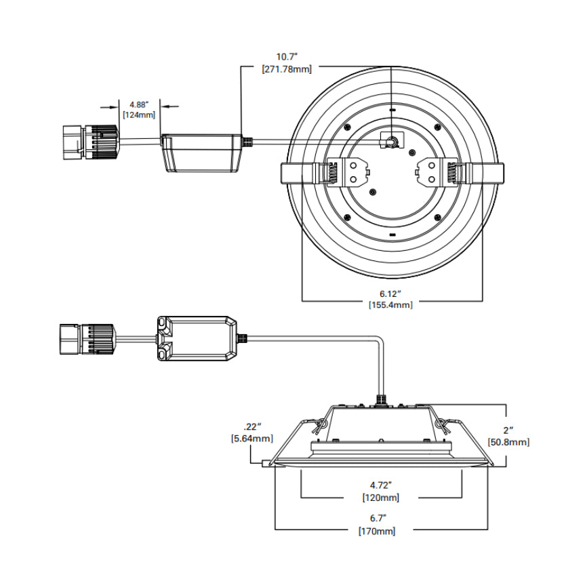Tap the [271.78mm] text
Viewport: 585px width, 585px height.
tap(285, 68)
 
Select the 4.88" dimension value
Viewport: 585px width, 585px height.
tap(138, 104)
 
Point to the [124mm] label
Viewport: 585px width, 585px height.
tap(138, 115)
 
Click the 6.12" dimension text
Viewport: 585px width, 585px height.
tap(390, 293)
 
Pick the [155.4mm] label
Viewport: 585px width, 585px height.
tap(390, 305)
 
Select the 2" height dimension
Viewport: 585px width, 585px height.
tap(507, 430)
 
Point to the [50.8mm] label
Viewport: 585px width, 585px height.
tap(508, 442)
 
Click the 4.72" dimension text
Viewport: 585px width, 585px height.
tap(380, 485)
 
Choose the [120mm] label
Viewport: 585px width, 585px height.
tap(380, 497)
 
